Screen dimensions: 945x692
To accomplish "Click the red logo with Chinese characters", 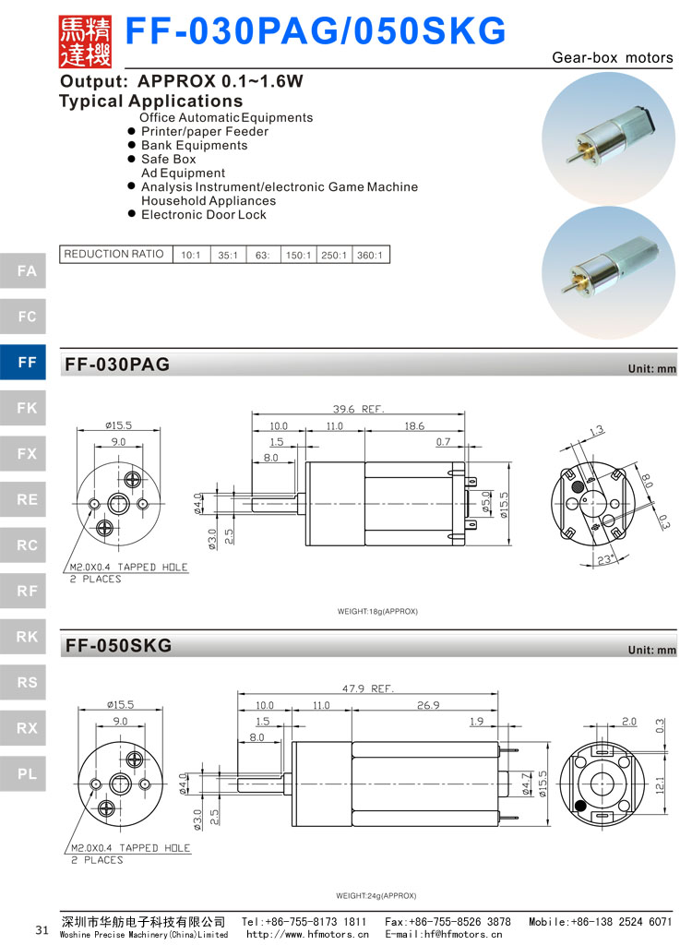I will coord(84,41).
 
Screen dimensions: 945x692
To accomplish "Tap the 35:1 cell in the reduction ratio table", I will coord(228,255).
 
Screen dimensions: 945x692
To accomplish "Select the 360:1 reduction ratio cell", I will coord(369,255).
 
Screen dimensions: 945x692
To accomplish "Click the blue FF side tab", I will coord(27,362).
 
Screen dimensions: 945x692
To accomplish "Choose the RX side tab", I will coord(27,728).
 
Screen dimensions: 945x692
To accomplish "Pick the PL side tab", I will coord(27,773).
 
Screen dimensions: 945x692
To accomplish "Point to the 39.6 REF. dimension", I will coord(358,409).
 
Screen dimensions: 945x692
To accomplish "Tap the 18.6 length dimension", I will coord(414,426).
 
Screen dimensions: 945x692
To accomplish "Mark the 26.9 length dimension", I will coord(428,705).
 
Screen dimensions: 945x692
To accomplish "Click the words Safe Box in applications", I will coord(168,159).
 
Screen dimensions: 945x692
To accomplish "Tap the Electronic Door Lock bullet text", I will coord(203,214).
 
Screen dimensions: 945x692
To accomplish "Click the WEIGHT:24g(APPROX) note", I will coord(376,895).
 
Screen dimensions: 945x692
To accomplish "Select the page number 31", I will coord(42,929).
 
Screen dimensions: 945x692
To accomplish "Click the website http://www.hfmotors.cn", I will coord(307,934).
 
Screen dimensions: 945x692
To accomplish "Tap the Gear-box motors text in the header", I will coord(613,57).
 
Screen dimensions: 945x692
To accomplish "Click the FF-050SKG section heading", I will coord(119,646).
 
